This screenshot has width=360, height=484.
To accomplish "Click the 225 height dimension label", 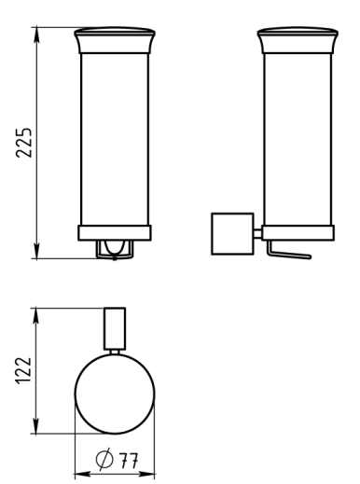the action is tap(24, 143).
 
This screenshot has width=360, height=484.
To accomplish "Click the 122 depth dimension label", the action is tap(24, 370).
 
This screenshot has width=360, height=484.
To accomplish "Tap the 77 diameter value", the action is tap(129, 461).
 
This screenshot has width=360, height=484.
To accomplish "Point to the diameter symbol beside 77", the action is tap(104, 459).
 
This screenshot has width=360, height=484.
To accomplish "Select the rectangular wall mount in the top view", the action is tap(115, 328).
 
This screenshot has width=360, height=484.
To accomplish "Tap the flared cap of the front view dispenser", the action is tap(115, 40).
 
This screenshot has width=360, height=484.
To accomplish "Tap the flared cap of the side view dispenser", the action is tap(298, 40).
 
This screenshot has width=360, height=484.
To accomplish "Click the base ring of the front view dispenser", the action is tap(115, 233).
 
